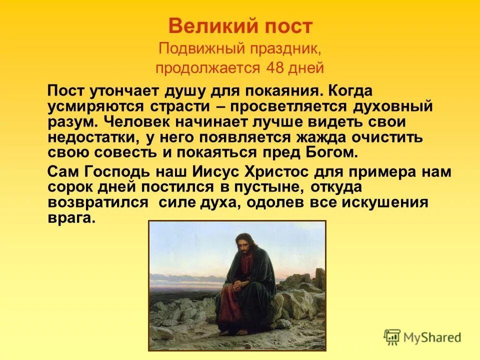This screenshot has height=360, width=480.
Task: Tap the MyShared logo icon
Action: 393,337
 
